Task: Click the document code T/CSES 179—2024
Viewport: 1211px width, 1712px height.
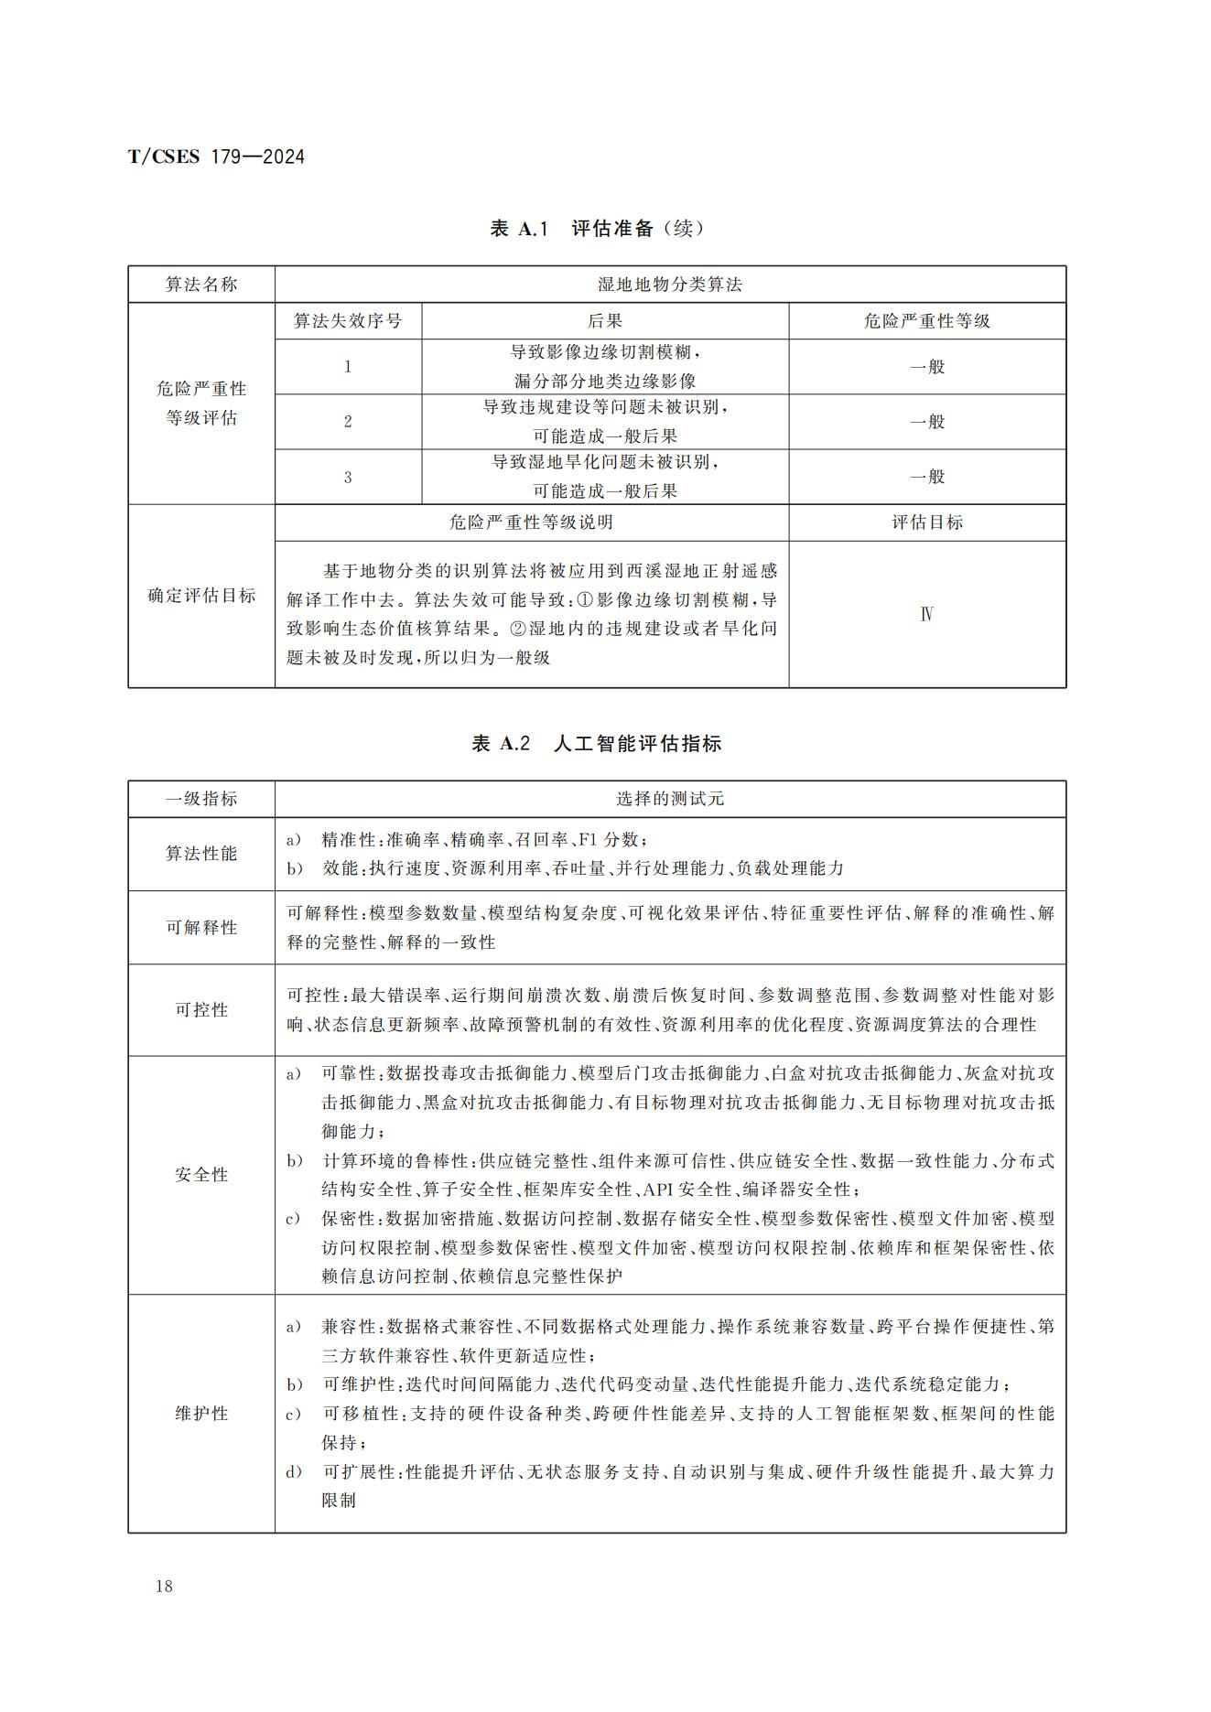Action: tap(216, 156)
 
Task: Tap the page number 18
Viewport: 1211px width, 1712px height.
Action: tap(164, 1586)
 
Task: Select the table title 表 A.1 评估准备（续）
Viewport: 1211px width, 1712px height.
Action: tap(597, 229)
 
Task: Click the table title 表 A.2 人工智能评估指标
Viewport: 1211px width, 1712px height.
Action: tap(597, 743)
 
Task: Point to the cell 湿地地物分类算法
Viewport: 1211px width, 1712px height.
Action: tap(670, 285)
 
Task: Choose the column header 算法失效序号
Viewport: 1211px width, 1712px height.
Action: tap(348, 321)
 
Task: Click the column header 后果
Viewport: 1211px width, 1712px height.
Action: tap(605, 321)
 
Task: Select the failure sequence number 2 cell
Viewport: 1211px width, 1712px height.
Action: tap(348, 422)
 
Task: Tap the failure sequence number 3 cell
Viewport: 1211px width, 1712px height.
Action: tap(348, 477)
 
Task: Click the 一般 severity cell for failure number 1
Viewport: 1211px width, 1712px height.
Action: tap(927, 367)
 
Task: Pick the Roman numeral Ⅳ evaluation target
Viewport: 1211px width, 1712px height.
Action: tap(927, 614)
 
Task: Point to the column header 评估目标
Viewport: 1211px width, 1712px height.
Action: tap(927, 522)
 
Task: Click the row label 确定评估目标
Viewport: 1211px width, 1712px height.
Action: tap(201, 596)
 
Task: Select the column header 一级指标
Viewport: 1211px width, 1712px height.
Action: tap(201, 799)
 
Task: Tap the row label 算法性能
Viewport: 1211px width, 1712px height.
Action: tap(201, 854)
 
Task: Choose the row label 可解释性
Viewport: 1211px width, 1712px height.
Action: tap(201, 927)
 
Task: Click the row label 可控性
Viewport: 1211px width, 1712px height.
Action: tap(201, 1009)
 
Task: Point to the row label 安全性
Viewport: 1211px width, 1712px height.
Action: tap(201, 1175)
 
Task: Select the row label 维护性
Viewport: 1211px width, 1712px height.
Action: tap(201, 1413)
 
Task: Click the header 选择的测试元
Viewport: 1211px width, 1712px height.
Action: tap(670, 799)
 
